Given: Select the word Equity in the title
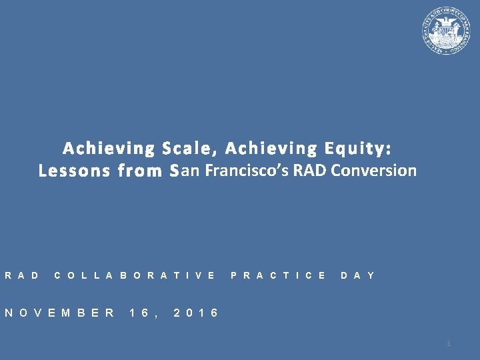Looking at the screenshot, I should pos(356,147).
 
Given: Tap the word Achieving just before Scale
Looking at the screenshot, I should pos(107,147).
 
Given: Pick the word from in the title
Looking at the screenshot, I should pos(140,171).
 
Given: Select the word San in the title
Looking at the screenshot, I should pos(185,171).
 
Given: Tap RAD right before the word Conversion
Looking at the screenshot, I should pos(310,171).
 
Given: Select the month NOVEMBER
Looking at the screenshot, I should pos(59,313).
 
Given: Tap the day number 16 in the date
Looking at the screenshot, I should pos(142,313).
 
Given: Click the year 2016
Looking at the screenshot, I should pos(195,313).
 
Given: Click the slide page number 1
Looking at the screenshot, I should pos(449,343).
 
